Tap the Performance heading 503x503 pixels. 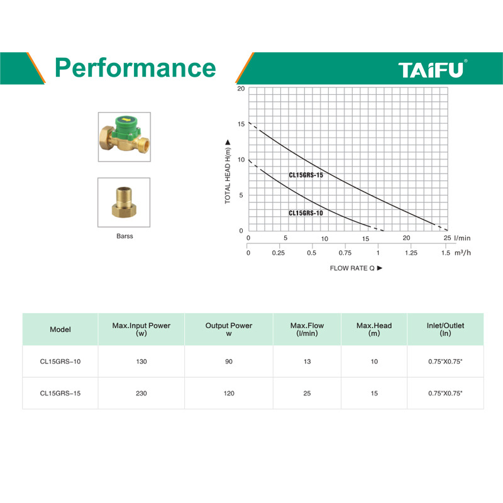point(135,68)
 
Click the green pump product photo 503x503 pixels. point(124,137)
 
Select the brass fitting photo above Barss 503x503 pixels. point(124,202)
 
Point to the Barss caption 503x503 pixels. point(124,236)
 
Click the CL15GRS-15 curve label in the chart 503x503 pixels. point(306,175)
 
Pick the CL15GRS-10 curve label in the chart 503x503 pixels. point(306,213)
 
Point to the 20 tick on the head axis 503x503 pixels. point(241,89)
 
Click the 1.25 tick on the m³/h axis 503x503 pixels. point(411,253)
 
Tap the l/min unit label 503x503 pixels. point(462,238)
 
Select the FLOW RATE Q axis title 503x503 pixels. point(356,268)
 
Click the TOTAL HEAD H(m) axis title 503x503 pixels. point(228,172)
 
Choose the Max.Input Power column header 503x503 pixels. point(141,329)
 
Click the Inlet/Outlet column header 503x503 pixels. point(445,329)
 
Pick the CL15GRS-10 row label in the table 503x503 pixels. point(60,362)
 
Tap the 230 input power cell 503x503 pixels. point(141,394)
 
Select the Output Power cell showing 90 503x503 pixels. point(229,362)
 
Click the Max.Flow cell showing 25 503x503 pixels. point(307,394)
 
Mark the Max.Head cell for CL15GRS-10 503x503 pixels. point(374,362)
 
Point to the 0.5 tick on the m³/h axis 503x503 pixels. point(311,253)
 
